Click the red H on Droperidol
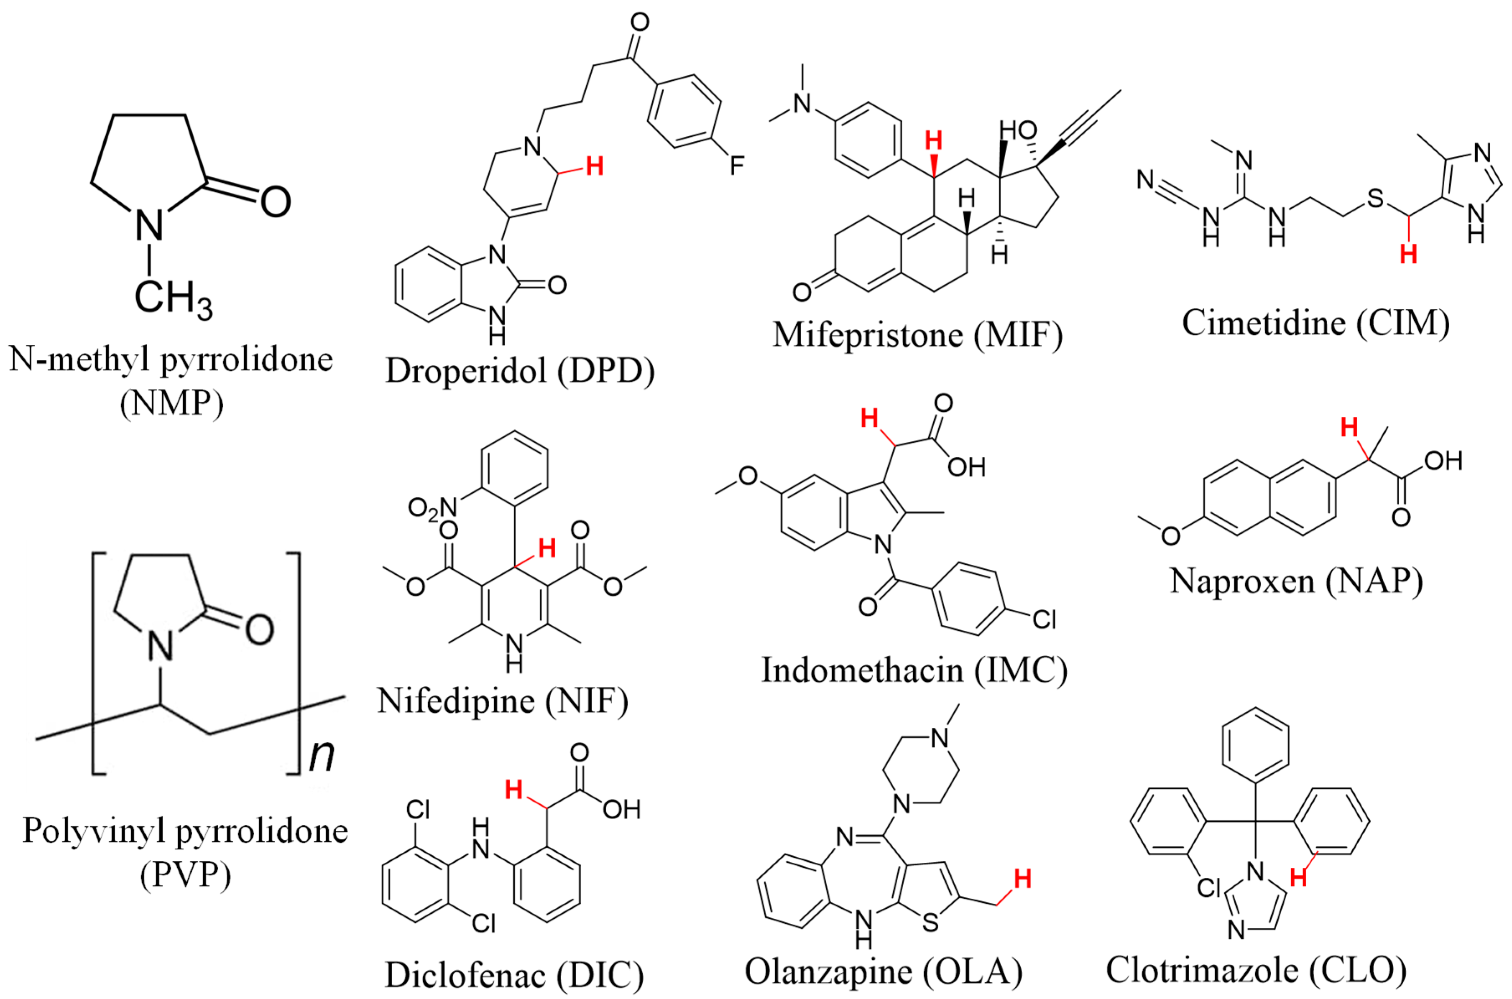(595, 167)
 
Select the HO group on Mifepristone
(1018, 130)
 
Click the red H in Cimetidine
(1408, 254)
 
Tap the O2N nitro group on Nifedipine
(433, 508)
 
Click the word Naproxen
(1242, 581)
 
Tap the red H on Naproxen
(1349, 427)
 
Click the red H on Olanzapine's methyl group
(1022, 879)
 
